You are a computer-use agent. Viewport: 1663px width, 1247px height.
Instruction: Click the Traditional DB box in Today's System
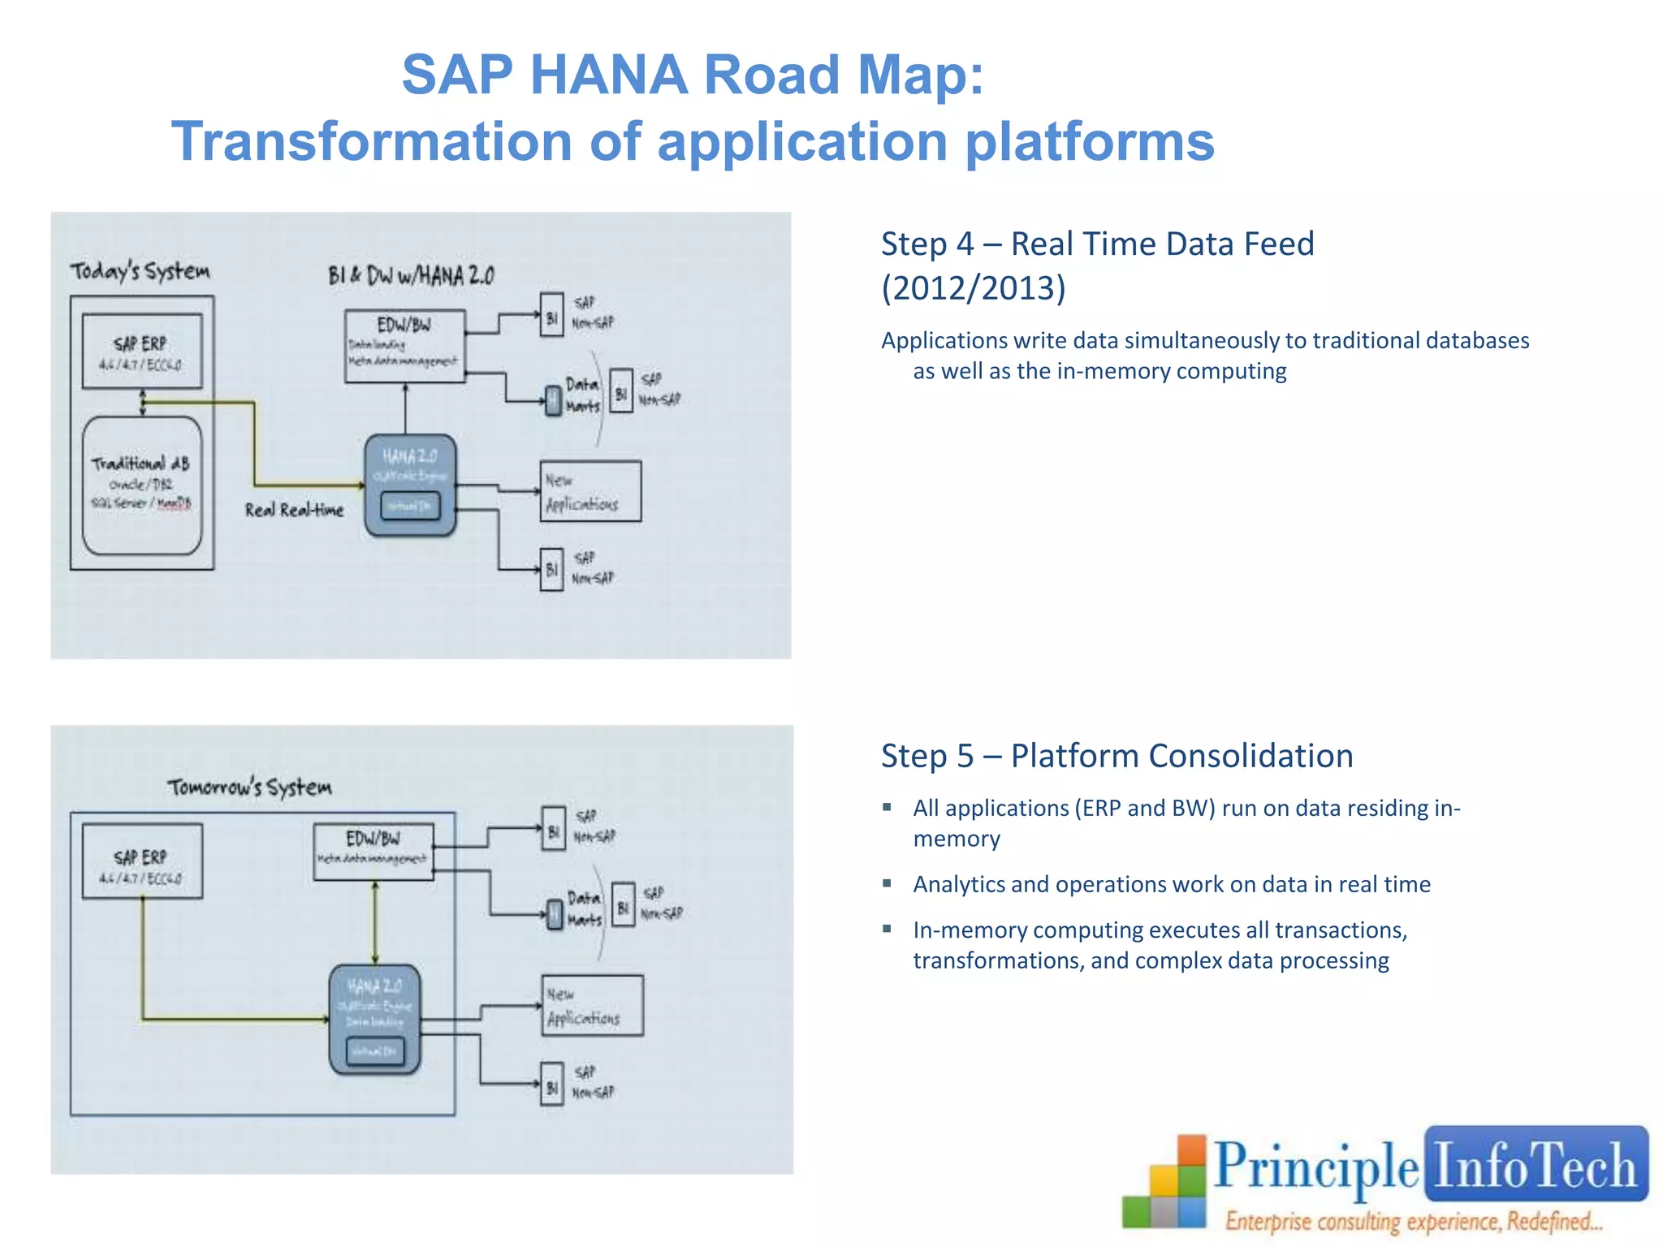[x=142, y=485]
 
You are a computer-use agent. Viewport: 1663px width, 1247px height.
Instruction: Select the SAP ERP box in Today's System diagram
[x=142, y=351]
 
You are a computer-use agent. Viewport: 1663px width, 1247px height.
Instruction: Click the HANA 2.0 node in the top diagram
[x=410, y=485]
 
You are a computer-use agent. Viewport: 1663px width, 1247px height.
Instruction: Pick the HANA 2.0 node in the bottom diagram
[x=374, y=1020]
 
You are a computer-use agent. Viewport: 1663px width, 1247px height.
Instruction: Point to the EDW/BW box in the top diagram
[x=404, y=344]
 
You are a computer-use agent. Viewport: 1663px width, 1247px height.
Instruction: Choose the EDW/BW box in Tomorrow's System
[x=374, y=851]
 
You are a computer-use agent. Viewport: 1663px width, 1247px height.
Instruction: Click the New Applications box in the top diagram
[x=590, y=491]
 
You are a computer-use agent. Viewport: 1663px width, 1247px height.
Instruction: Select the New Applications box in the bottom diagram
[x=593, y=1005]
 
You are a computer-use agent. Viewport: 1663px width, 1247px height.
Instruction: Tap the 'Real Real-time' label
[x=294, y=510]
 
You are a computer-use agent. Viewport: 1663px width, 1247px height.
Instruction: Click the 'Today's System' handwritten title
[x=140, y=270]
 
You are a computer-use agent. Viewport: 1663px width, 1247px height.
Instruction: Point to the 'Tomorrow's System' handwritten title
[x=250, y=787]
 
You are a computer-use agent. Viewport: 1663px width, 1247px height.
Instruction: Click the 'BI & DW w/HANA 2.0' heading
[x=411, y=276]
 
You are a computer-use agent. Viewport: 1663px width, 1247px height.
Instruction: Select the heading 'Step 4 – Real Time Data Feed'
[x=1097, y=244]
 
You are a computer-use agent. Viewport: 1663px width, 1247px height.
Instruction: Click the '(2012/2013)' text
[x=973, y=288]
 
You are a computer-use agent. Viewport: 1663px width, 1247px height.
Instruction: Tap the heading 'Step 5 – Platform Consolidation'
[x=1117, y=756]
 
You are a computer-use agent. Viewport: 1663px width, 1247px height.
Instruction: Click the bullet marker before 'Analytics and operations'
[x=888, y=883]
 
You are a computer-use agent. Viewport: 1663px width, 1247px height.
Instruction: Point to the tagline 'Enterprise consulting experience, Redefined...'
[x=1414, y=1221]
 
